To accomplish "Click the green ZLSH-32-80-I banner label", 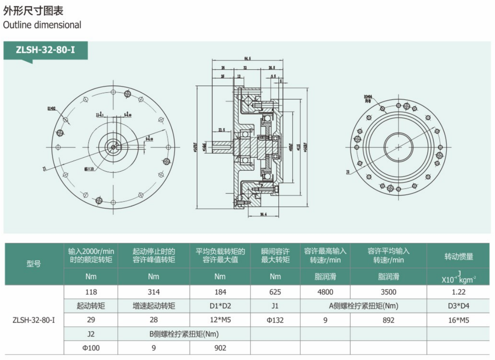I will (45, 50).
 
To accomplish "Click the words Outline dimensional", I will (42, 25).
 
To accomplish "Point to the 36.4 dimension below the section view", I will (263, 215).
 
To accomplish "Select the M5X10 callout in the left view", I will (89, 169).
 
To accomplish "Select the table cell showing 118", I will (91, 292).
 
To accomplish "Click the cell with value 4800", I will (325, 292).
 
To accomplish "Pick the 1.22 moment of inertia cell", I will (458, 292).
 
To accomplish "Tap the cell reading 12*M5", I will (220, 320).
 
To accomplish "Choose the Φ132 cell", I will (275, 320).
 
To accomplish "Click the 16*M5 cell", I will (458, 320).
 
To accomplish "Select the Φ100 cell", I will (91, 348).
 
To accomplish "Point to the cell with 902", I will (220, 348).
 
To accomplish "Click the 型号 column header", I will (34, 264).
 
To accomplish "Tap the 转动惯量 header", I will (458, 256).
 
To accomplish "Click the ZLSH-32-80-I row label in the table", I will (34, 320).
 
